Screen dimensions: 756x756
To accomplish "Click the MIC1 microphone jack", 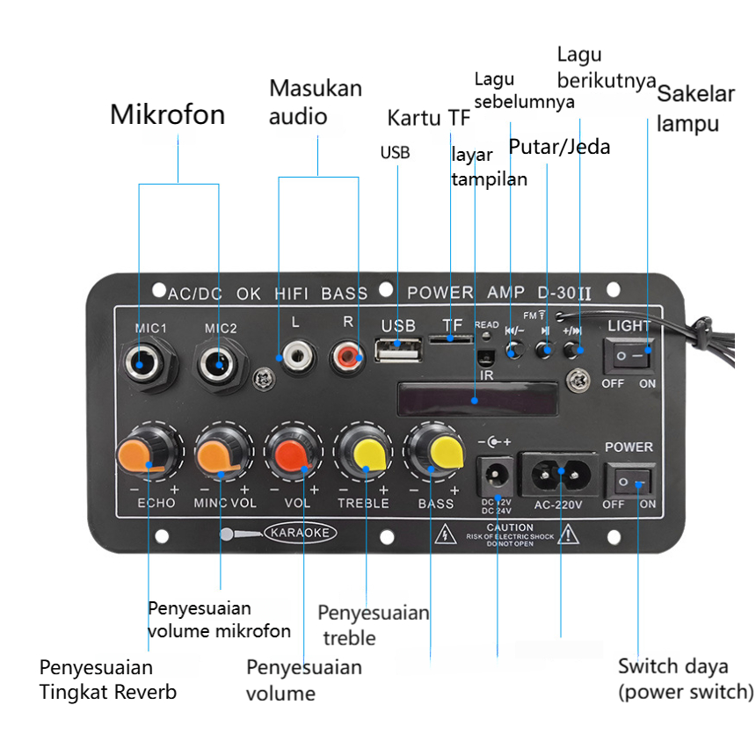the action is [x=145, y=360].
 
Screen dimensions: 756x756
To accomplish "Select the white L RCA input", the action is [x=294, y=357].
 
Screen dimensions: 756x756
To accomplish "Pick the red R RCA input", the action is [x=348, y=356].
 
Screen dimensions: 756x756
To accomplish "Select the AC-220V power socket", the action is [x=560, y=476].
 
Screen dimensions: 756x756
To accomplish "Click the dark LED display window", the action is [x=476, y=400].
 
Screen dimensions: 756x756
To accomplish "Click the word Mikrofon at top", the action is [x=167, y=114].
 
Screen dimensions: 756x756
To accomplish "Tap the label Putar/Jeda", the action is [x=560, y=145].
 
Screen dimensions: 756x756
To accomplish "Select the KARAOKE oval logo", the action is [x=300, y=533].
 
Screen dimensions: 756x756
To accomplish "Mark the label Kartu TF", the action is [x=429, y=118].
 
